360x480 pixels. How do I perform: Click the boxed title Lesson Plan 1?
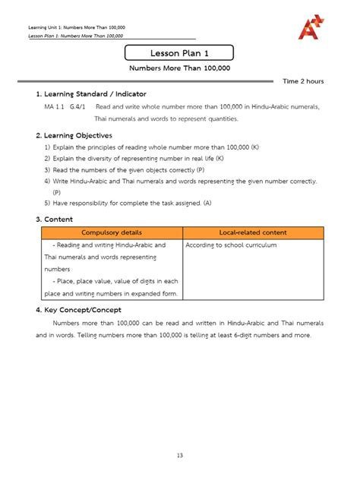click(180, 53)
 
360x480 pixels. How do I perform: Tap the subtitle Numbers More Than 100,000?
click(180, 68)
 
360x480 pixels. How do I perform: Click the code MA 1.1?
click(55, 107)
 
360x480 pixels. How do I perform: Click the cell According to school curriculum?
click(231, 245)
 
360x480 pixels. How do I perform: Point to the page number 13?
click(180, 455)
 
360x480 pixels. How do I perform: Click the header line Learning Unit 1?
click(76, 27)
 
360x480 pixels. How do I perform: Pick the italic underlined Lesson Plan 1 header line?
click(75, 36)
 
